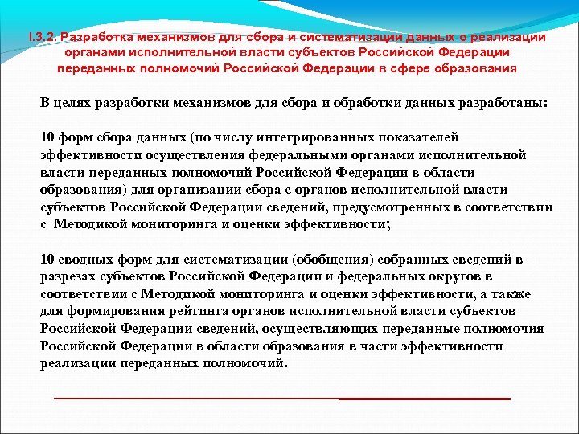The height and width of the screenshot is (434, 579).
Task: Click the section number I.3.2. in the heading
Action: [42, 37]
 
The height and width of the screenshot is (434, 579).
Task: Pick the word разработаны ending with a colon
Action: [495, 104]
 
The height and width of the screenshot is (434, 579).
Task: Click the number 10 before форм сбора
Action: [47, 137]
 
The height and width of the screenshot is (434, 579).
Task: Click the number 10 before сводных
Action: [47, 259]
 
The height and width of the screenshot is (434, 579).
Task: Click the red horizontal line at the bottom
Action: [281, 398]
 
